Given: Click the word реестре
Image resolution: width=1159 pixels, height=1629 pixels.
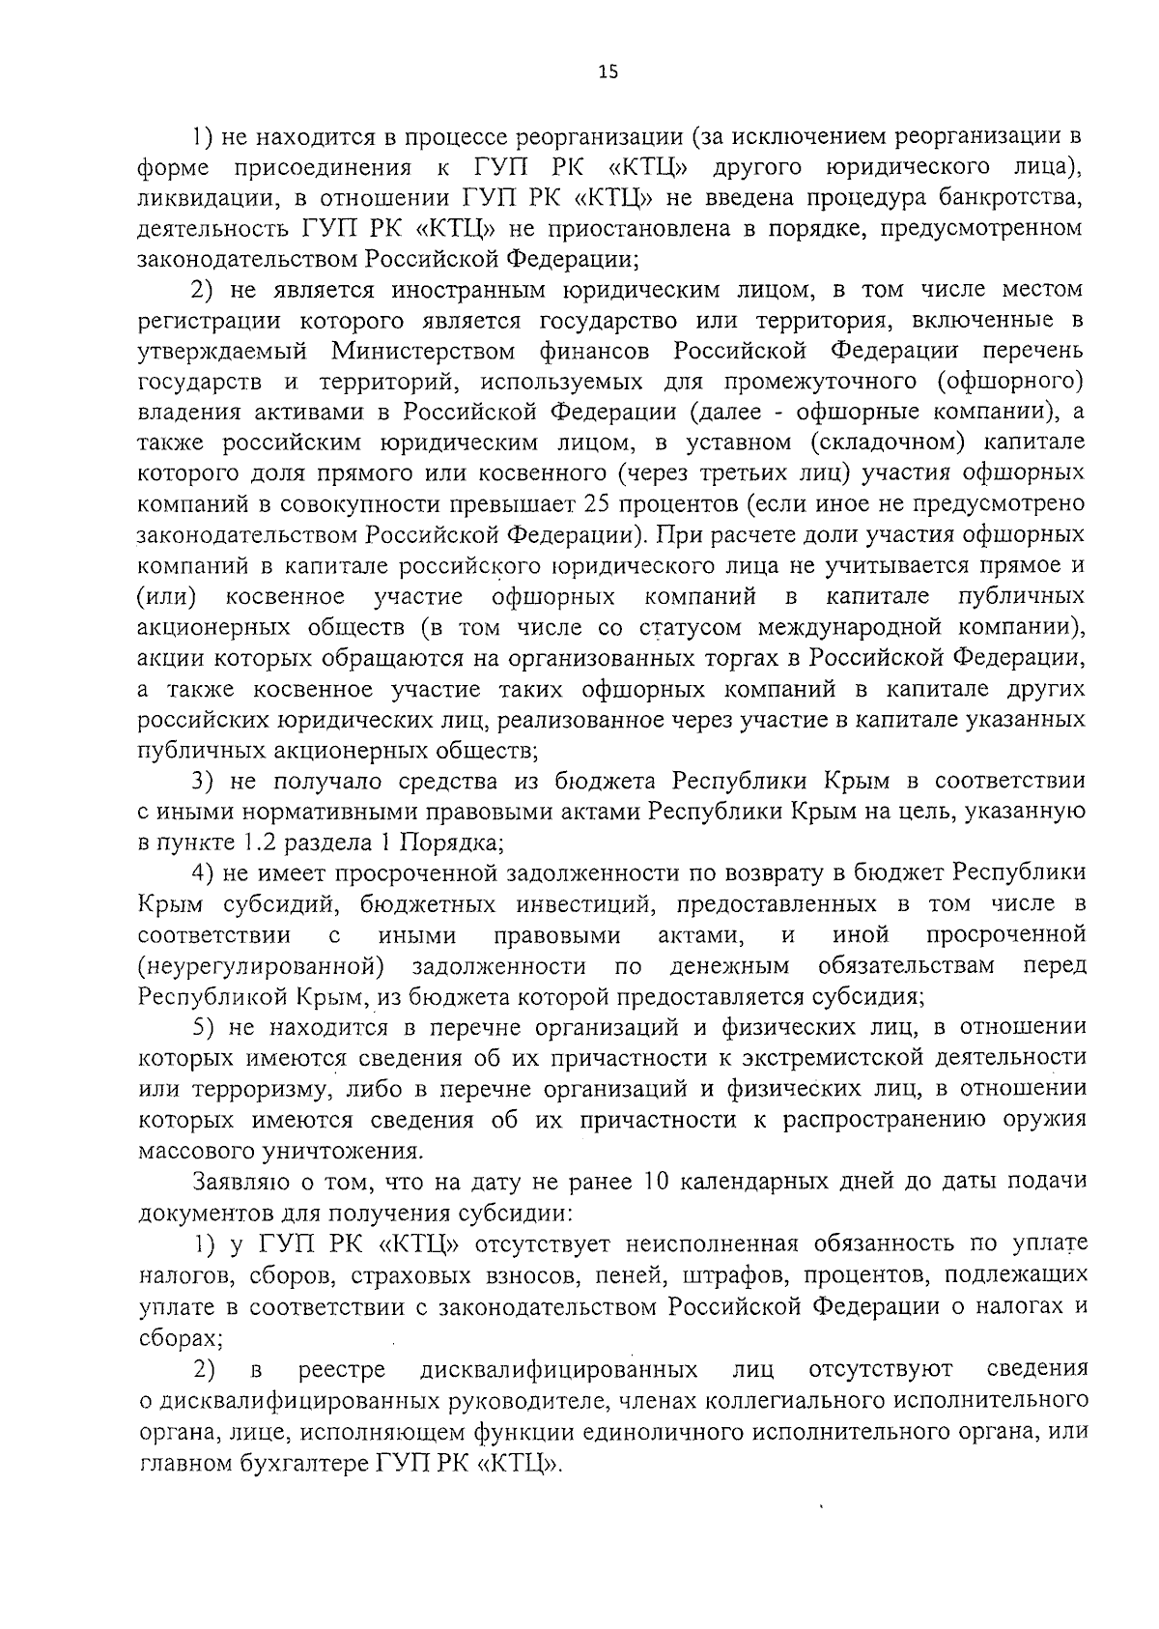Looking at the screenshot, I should click(342, 1369).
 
